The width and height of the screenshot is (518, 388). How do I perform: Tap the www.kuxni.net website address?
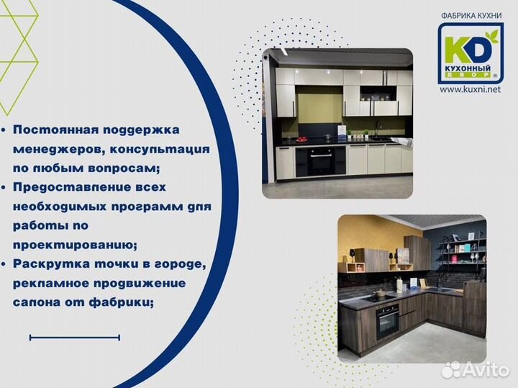coord(469,90)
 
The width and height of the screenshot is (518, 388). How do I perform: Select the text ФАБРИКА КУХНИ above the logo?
coord(471,14)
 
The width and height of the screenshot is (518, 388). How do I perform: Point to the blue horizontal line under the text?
coord(74,337)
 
